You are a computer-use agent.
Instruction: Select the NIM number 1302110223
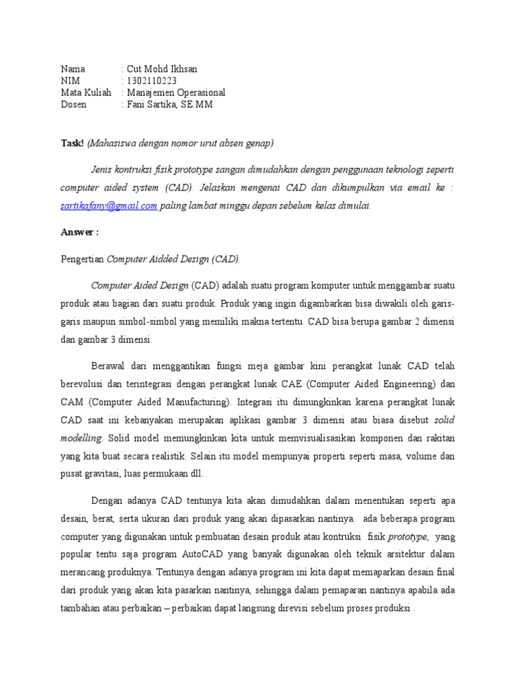(x=152, y=81)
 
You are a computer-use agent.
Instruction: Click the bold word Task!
(x=72, y=143)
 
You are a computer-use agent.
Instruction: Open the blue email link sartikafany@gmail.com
(x=109, y=206)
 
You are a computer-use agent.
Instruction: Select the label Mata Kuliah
(x=86, y=93)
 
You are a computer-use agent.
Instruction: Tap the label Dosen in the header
(x=74, y=105)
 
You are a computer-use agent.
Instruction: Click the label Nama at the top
(x=73, y=69)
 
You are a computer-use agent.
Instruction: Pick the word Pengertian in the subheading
(x=83, y=259)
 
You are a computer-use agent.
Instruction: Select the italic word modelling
(x=81, y=437)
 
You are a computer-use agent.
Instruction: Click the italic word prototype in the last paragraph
(x=407, y=537)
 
